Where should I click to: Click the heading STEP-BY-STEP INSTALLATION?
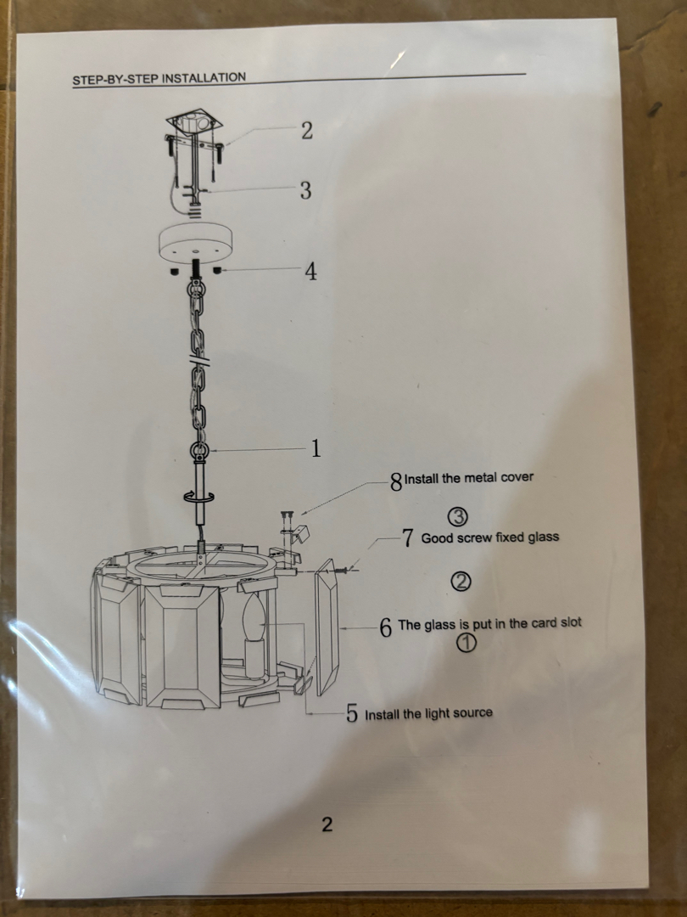[159, 78]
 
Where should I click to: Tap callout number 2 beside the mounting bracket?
[307, 131]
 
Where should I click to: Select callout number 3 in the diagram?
[305, 190]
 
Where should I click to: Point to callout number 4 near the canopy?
[310, 272]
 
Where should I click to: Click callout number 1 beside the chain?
[316, 448]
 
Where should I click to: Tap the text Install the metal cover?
[469, 478]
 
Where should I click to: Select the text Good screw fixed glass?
[490, 537]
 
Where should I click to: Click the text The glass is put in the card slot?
[489, 623]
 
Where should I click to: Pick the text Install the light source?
[429, 713]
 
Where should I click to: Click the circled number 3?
[458, 516]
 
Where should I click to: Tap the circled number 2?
[461, 581]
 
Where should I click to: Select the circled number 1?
[466, 643]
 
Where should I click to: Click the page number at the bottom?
[327, 824]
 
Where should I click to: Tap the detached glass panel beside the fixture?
[327, 627]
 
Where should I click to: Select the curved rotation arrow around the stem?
[198, 496]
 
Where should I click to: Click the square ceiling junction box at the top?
[195, 121]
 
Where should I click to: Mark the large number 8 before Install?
[397, 482]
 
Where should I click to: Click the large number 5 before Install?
[352, 713]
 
